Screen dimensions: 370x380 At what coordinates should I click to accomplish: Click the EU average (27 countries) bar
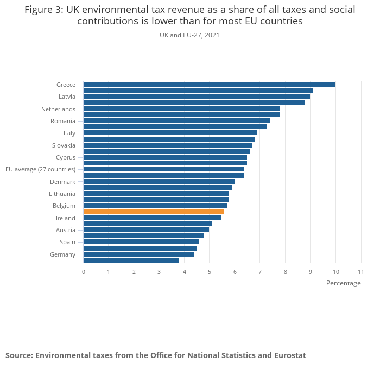163,169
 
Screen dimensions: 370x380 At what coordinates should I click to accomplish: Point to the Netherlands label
58,109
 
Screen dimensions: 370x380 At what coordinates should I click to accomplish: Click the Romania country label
63,121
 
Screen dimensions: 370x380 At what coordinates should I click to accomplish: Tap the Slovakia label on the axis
64,145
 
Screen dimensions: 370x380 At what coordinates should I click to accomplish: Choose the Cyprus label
66,157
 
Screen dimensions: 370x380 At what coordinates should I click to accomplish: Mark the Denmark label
62,182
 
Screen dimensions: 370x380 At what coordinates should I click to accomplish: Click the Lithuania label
62,194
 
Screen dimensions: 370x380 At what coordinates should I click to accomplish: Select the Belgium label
64,206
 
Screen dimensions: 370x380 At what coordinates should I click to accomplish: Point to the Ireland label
66,218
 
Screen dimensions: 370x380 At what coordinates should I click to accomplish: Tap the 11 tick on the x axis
360,271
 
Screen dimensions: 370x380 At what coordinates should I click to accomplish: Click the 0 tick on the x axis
84,271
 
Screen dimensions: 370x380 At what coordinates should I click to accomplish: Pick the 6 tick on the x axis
235,271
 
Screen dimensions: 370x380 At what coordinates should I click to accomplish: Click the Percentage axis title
343,283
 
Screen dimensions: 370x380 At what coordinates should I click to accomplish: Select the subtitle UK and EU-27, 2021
189,35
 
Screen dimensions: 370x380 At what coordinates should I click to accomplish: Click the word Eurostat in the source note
290,355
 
